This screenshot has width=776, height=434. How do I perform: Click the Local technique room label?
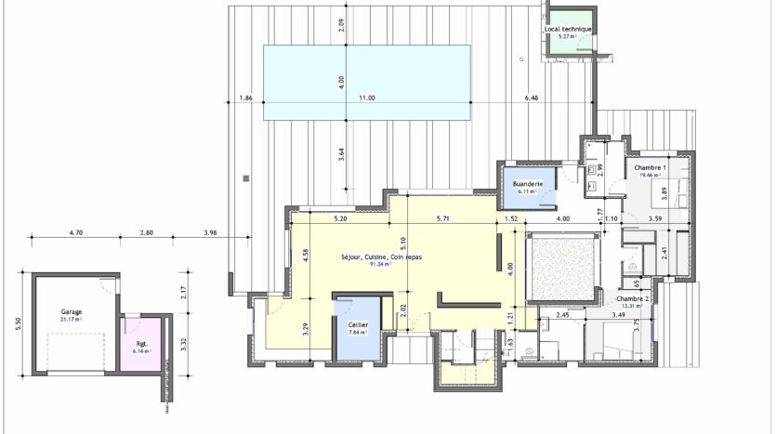pyautogui.click(x=568, y=29)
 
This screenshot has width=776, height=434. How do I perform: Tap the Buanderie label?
pyautogui.click(x=527, y=184)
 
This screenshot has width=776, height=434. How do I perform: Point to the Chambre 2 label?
pyautogui.click(x=633, y=299)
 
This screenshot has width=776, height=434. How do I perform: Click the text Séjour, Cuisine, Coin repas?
pyautogui.click(x=367, y=256)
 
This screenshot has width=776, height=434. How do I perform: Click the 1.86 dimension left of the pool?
pyautogui.click(x=245, y=98)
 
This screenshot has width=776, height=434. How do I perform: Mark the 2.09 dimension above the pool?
pyautogui.click(x=342, y=26)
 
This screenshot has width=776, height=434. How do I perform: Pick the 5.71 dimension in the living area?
pyautogui.click(x=443, y=219)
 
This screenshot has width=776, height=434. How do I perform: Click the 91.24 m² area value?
pyautogui.click(x=379, y=264)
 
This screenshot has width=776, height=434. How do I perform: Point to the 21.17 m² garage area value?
pyautogui.click(x=71, y=320)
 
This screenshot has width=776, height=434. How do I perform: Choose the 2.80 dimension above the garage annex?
pyautogui.click(x=146, y=232)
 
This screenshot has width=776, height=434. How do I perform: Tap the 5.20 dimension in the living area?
pyautogui.click(x=340, y=219)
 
